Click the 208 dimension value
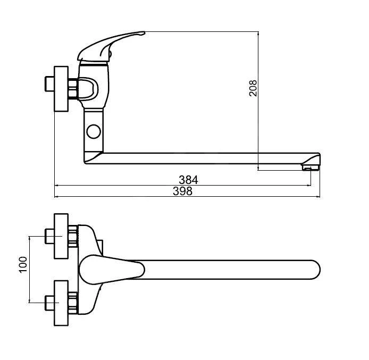(x=253, y=88)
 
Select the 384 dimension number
(x=188, y=180)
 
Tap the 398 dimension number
(x=182, y=191)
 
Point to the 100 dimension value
(x=23, y=264)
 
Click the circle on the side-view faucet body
(x=94, y=131)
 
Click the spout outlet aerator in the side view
(x=310, y=168)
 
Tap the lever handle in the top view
(x=112, y=270)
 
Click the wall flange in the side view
(x=61, y=89)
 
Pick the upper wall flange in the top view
(x=61, y=236)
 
